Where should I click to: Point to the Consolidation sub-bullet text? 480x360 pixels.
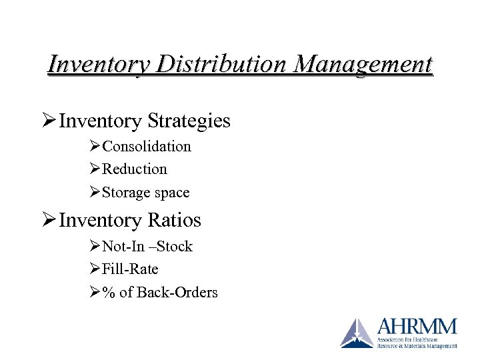pyautogui.click(x=146, y=146)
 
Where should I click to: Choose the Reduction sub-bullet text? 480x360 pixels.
pyautogui.click(x=134, y=169)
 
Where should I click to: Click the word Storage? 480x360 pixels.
pyautogui.click(x=126, y=193)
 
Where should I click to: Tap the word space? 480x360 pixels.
pyautogui.click(x=172, y=193)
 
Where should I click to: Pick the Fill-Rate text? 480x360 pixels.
pyautogui.click(x=130, y=269)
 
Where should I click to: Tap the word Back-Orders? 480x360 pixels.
pyautogui.click(x=177, y=293)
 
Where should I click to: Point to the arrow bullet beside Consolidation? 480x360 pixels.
pyautogui.click(x=94, y=146)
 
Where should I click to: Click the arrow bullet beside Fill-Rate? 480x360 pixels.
pyautogui.click(x=94, y=269)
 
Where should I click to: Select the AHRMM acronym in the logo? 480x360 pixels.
pyautogui.click(x=417, y=327)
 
